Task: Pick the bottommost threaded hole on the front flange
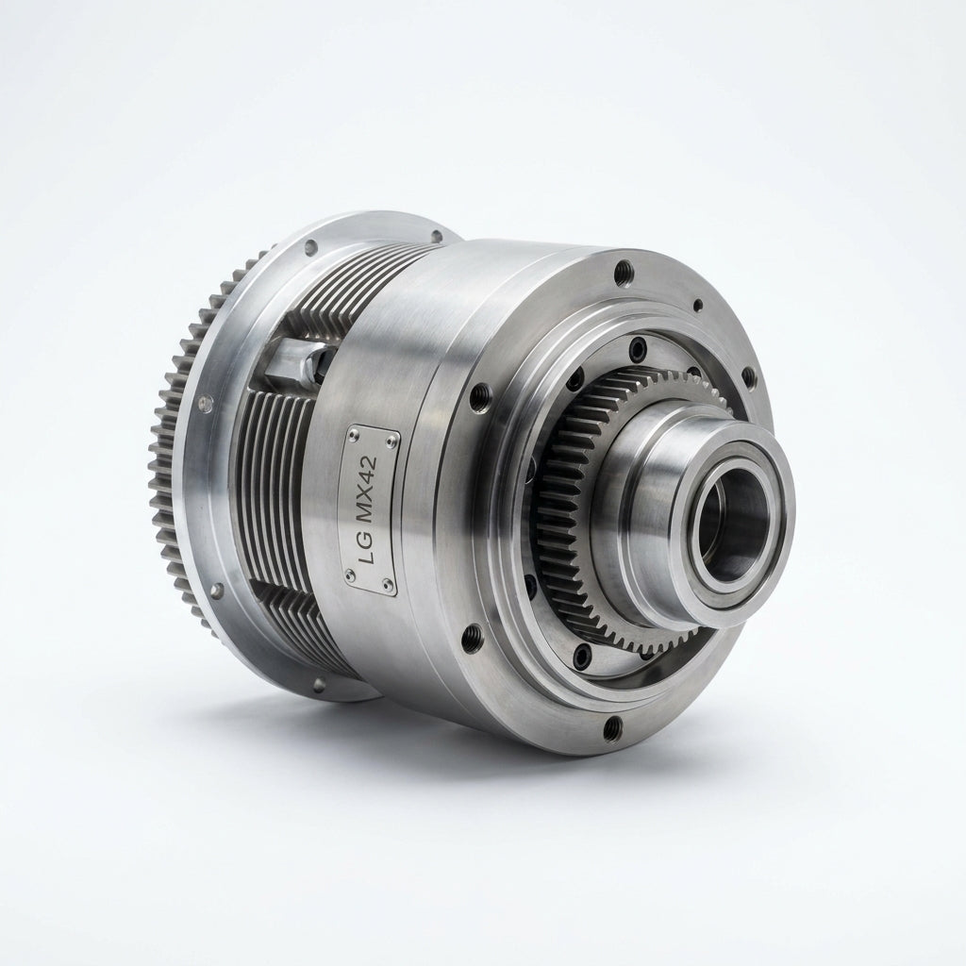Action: [x=610, y=727]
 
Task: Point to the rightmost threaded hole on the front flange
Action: [x=747, y=375]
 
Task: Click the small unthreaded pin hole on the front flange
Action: [x=697, y=305]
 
